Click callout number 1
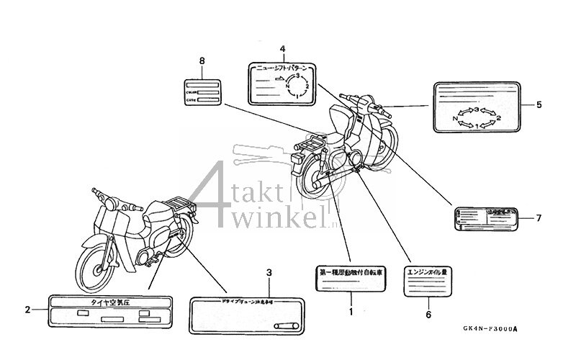pos(351,312)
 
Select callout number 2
pos(27,310)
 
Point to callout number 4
pos(282,49)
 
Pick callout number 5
pos(539,104)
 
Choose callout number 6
pos(427,314)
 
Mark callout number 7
pos(539,217)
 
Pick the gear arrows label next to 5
pos(477,107)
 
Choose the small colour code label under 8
pos(202,93)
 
